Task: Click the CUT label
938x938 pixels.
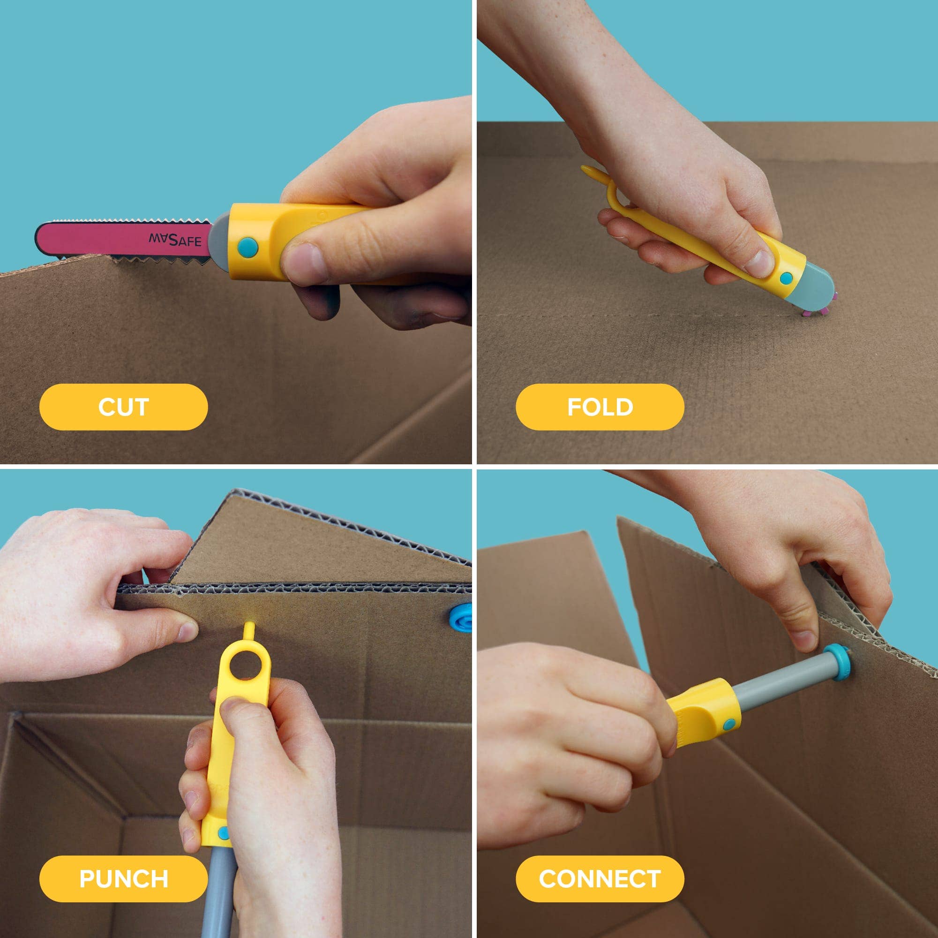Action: (123, 407)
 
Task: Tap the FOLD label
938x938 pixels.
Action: (600, 407)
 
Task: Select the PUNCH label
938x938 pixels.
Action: (123, 879)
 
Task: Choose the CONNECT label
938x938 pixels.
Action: (600, 879)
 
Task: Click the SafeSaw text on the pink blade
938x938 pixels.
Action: (175, 240)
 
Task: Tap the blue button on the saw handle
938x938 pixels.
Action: (248, 247)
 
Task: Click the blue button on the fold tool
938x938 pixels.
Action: (786, 278)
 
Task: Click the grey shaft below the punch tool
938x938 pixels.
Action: (218, 899)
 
